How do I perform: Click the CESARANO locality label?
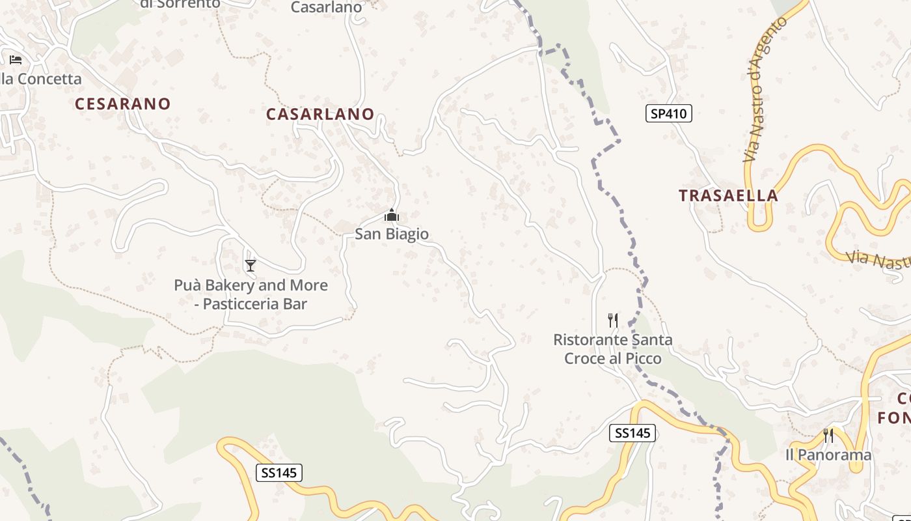[122, 104]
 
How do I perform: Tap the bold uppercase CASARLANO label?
[320, 114]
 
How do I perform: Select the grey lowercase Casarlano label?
[326, 8]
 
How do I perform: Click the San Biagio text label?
[392, 234]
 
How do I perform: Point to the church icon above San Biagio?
[391, 215]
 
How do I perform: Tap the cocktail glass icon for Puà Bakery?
[251, 265]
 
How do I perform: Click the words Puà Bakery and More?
[251, 285]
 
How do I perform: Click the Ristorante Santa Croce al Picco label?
[612, 349]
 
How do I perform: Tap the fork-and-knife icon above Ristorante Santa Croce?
[612, 320]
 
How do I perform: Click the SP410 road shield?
[668, 113]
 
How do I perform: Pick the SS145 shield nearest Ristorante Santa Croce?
[632, 432]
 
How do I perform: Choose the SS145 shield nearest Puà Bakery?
[279, 473]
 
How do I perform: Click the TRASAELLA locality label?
[728, 195]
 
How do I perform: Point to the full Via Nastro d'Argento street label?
[765, 91]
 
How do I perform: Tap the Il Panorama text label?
[828, 455]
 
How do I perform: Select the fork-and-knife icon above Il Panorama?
[828, 435]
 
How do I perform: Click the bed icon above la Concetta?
[16, 60]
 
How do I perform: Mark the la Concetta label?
[40, 79]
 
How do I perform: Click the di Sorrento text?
[180, 4]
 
